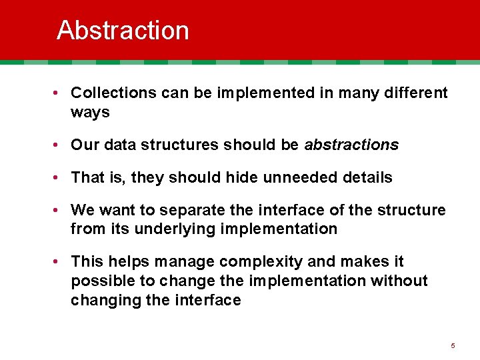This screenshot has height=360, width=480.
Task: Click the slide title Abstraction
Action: [123, 31]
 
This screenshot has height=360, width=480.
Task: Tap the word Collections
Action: [113, 93]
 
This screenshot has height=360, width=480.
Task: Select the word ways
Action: [90, 112]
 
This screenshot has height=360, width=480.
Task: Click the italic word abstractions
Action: [351, 145]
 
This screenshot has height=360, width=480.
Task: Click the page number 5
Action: [453, 345]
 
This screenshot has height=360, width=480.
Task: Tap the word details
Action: [367, 177]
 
